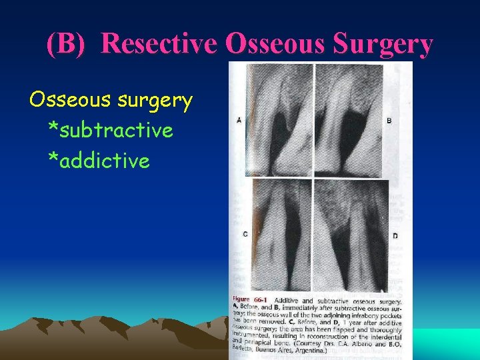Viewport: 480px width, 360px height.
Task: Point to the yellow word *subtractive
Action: click(x=111, y=131)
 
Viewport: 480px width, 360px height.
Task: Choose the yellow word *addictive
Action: click(x=99, y=161)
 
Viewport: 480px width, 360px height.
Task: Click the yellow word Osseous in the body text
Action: click(x=70, y=100)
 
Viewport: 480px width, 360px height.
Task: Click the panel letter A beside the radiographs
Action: click(x=239, y=121)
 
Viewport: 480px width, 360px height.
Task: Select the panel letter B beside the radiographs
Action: click(x=389, y=121)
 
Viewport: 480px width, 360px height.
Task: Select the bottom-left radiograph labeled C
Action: click(x=279, y=233)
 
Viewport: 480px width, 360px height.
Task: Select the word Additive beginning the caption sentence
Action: click(x=287, y=301)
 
